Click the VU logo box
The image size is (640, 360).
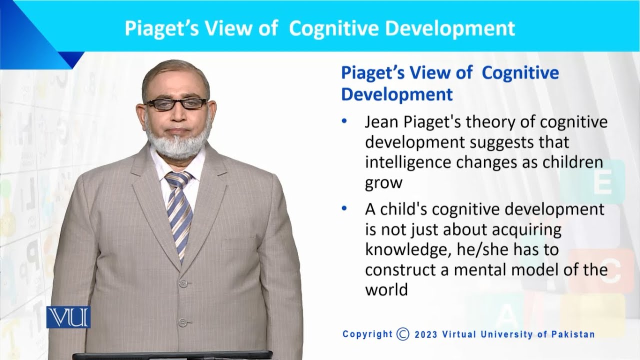[68, 317]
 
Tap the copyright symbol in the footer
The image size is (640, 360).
[403, 334]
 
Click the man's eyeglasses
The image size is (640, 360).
[176, 103]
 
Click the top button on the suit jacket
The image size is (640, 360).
[182, 284]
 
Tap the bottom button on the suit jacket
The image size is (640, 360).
[182, 322]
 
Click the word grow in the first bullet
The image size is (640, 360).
[383, 183]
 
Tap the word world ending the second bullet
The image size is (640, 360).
[386, 289]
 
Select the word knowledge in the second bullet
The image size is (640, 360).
[403, 249]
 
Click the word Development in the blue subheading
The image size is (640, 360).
[397, 94]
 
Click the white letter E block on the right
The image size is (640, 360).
[602, 183]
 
